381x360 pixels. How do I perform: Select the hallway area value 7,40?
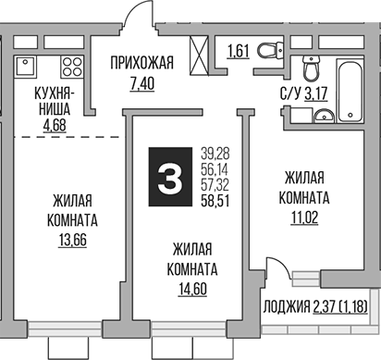coord(141,83)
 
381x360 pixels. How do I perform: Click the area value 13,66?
coord(70,243)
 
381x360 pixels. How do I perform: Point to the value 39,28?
coord(215,153)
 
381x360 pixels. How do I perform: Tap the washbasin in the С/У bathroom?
coord(324,116)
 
